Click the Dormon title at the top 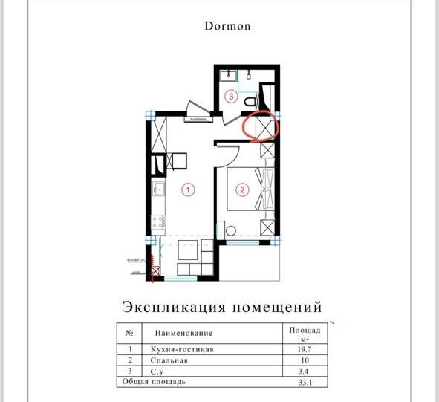[227, 26]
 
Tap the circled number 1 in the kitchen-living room [189, 190]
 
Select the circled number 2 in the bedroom [241, 189]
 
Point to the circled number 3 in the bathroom [232, 96]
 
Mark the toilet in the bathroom [251, 100]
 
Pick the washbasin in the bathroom [229, 74]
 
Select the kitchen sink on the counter [158, 188]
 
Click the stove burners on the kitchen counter [157, 221]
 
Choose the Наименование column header [183, 334]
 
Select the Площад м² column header [303, 333]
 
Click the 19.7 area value [303, 348]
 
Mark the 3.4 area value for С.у [303, 372]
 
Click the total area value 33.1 [303, 383]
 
